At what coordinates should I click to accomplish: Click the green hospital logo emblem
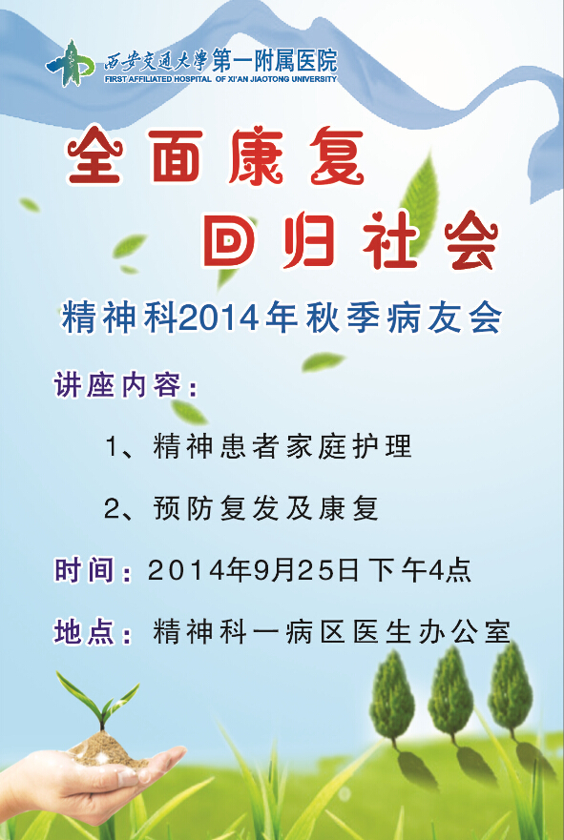(70, 64)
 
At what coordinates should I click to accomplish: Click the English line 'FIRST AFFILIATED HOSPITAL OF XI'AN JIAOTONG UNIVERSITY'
(220, 79)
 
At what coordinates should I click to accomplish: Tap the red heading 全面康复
(216, 156)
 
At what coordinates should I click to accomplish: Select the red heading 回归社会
(351, 239)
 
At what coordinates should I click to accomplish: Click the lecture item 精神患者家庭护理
(282, 446)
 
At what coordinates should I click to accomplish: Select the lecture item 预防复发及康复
(266, 508)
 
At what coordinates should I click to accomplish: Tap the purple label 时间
(85, 569)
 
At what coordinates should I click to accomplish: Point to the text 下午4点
(420, 569)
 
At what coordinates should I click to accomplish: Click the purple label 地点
(85, 631)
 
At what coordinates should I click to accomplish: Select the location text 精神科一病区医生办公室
(331, 631)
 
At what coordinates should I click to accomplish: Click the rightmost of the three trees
(510, 686)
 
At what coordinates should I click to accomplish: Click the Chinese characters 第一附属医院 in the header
(275, 59)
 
